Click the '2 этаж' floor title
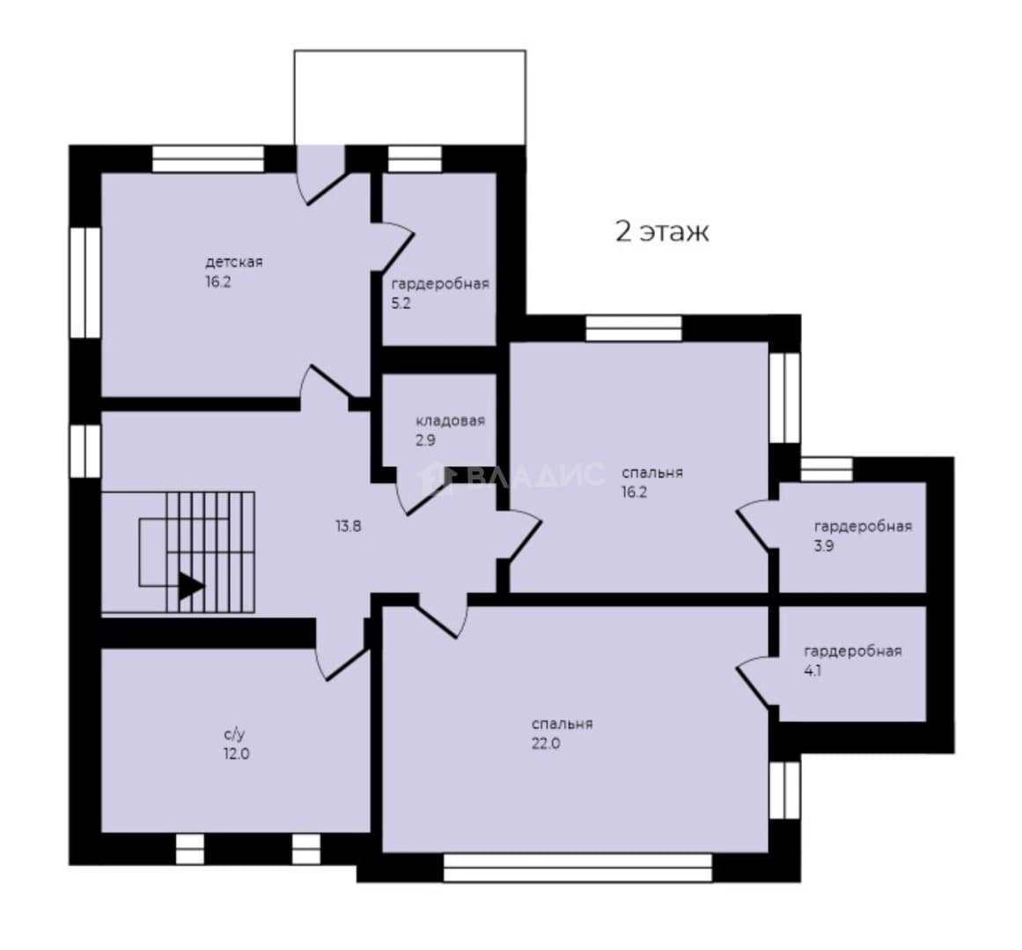tap(662, 231)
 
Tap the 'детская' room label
tap(234, 262)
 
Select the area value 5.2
tap(401, 303)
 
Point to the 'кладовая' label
tap(451, 420)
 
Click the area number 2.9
tap(426, 440)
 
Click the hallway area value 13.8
tap(348, 526)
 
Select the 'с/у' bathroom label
tap(235, 734)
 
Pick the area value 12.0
tap(236, 754)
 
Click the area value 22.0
tap(546, 743)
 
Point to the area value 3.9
tap(824, 545)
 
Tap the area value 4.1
tap(812, 670)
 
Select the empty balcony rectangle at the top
tap(410, 97)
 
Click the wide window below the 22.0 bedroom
tap(578, 867)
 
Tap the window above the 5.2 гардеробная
tap(415, 159)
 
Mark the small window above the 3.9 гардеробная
tap(827, 470)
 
